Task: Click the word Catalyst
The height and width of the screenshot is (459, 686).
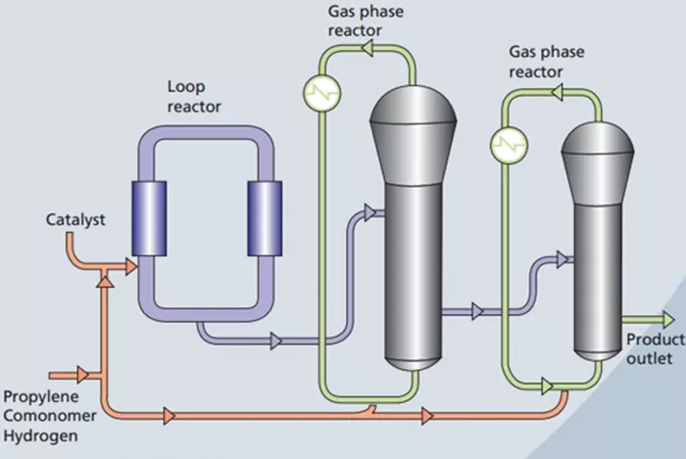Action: (75, 219)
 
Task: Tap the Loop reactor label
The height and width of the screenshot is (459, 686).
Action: (194, 97)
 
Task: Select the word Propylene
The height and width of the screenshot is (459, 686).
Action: (41, 396)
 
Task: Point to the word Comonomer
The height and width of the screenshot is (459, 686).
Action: (50, 415)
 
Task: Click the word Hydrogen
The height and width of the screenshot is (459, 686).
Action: (41, 436)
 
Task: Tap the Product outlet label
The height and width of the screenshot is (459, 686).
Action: (656, 348)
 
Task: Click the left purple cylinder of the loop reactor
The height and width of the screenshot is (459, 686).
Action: (149, 218)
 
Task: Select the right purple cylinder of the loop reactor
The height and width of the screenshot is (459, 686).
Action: (265, 218)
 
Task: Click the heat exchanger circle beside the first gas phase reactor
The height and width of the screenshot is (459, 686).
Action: (322, 92)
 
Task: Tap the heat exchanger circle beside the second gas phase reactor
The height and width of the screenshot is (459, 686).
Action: (509, 145)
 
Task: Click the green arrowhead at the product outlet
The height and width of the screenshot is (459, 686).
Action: (669, 320)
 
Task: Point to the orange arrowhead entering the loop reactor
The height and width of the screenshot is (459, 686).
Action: (131, 266)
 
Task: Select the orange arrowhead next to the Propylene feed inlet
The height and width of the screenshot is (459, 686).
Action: (82, 375)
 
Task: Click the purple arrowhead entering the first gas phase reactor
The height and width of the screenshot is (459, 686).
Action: (370, 212)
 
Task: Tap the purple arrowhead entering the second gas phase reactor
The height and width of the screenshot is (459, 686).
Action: (563, 259)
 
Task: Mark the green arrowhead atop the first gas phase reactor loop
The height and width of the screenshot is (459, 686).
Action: (367, 48)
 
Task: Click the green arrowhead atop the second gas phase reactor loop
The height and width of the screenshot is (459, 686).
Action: (557, 93)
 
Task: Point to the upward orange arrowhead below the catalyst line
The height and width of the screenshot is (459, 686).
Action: (105, 282)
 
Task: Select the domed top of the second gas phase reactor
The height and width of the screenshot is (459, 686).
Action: (598, 138)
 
